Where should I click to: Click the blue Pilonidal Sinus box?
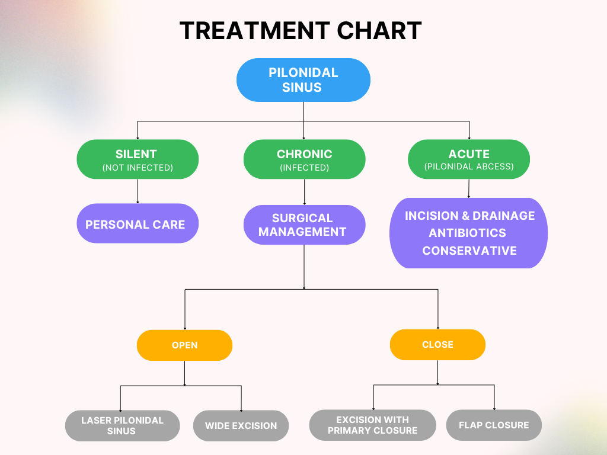point(303,80)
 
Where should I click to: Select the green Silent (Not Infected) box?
point(138,159)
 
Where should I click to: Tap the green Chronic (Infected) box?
point(304,159)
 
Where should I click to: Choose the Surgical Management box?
point(304,225)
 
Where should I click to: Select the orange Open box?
point(184,345)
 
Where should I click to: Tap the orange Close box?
point(437,344)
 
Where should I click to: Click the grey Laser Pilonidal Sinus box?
point(122,425)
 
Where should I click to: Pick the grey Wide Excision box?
point(241,425)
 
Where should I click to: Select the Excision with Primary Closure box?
point(372,425)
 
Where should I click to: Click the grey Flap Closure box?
point(494,425)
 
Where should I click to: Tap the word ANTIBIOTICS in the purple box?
point(468,233)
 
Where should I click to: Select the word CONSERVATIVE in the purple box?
point(469,251)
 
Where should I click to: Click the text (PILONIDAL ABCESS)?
point(469,166)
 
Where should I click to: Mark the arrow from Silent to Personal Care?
point(138,191)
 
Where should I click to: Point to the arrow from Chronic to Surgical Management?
point(304,192)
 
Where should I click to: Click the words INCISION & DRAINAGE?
point(469,216)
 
